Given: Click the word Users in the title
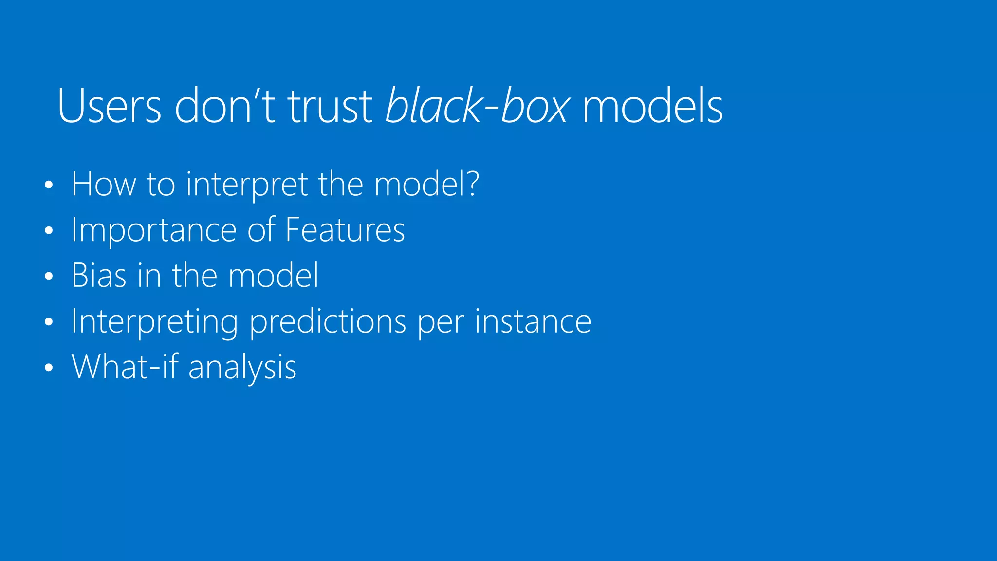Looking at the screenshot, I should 109,106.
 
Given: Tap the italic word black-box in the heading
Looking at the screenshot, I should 477,106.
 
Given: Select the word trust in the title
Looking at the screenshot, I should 330,106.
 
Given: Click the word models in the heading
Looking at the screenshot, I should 652,106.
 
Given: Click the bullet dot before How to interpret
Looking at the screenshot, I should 48,185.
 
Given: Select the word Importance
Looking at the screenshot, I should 154,230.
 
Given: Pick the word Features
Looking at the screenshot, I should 345,230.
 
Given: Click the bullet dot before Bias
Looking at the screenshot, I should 48,276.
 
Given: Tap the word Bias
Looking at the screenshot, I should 99,276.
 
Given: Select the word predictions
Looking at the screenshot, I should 328,322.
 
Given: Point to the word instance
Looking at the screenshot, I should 533,322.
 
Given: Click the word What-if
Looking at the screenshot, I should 125,367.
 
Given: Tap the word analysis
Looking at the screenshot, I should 242,368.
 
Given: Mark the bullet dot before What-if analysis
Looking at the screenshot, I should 48,368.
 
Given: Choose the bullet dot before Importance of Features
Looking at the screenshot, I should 48,230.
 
